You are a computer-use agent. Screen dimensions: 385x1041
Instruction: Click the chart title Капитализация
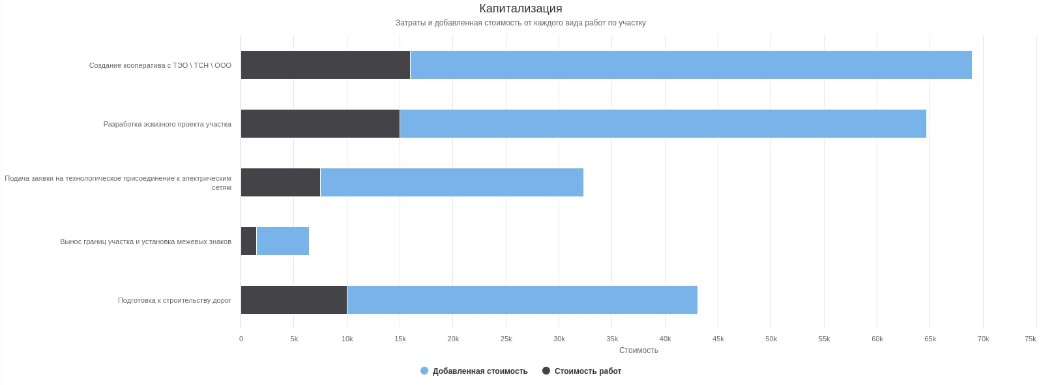point(520,8)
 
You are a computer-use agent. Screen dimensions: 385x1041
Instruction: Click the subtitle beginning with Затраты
point(520,23)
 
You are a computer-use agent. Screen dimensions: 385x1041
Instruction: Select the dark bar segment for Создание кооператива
point(325,65)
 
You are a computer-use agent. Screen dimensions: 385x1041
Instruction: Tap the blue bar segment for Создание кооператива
point(691,65)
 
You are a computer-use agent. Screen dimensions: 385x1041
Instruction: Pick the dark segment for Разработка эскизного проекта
point(320,124)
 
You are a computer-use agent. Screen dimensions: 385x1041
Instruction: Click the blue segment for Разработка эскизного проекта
point(663,124)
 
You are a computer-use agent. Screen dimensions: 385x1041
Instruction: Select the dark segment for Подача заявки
point(280,183)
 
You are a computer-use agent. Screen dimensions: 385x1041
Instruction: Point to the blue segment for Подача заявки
point(452,183)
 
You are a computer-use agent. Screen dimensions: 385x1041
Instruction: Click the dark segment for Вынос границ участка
point(248,241)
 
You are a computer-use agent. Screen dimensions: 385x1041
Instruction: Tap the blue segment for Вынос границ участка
point(283,241)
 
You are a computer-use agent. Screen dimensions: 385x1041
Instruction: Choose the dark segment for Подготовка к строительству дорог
point(293,300)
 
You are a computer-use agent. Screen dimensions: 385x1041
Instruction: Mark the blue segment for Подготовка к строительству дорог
point(522,300)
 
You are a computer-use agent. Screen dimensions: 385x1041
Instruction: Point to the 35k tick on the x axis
point(612,339)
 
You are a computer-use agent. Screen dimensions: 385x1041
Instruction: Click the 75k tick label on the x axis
point(1030,339)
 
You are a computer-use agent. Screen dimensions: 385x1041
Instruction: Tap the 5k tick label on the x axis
point(294,339)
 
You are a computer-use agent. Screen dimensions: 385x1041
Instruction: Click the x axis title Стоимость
point(638,350)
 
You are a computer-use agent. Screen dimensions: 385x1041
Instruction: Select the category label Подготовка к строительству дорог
point(174,300)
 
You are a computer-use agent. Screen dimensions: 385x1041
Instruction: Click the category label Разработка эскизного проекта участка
point(167,124)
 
